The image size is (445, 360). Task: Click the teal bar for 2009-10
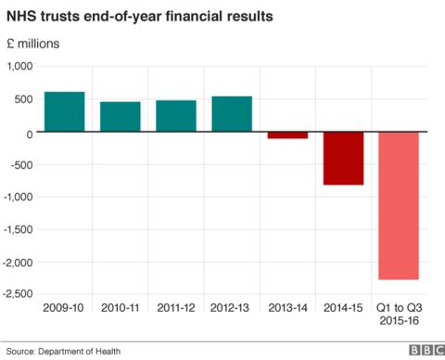coord(64,112)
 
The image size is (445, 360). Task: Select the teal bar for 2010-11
coord(121,117)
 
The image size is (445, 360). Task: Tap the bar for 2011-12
coord(176,116)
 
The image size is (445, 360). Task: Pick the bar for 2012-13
coord(232,114)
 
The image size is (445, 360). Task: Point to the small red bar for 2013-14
coord(287,135)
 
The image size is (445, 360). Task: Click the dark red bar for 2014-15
coord(343,159)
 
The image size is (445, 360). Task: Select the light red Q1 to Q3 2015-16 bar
coord(399,206)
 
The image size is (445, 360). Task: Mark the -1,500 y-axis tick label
coord(18,229)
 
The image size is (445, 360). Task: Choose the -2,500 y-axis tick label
coord(18,294)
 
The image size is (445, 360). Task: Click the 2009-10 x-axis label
coord(64,307)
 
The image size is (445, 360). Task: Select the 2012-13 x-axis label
coord(232,307)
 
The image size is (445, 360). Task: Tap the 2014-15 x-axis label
coord(343,307)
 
